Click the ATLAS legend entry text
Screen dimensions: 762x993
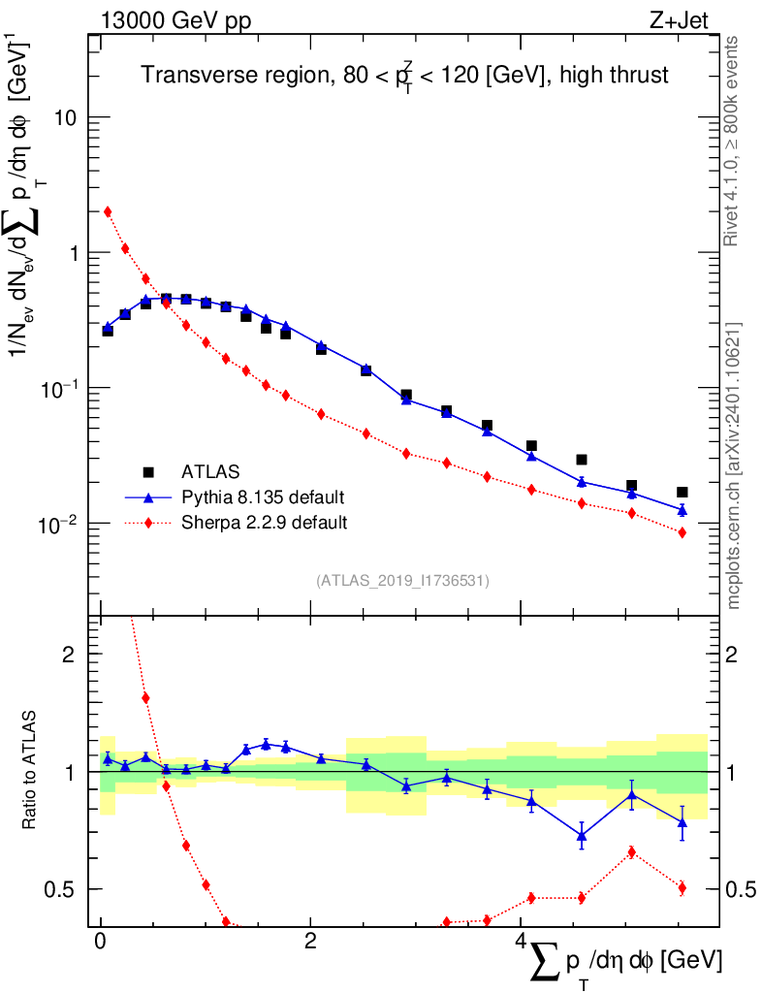[x=210, y=472]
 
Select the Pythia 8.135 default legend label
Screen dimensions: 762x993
[x=263, y=497]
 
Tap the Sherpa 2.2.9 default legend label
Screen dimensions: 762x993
[x=264, y=523]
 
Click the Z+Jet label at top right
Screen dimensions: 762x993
[x=679, y=20]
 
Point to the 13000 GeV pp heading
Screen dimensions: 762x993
[x=175, y=21]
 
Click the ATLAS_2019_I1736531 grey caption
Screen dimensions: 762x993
[x=402, y=580]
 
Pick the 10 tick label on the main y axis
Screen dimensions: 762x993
[x=65, y=117]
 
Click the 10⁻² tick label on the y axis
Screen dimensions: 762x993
[x=57, y=525]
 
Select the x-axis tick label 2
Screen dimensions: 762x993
[x=310, y=941]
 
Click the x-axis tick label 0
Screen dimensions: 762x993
[x=100, y=941]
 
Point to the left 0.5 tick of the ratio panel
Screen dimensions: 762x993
[x=59, y=890]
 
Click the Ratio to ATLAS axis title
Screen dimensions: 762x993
[x=29, y=769]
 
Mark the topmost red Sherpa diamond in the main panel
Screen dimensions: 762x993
[x=108, y=211]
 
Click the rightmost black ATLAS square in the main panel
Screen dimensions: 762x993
[x=682, y=492]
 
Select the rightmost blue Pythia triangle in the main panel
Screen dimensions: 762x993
[x=682, y=510]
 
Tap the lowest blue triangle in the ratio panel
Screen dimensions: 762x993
[x=582, y=836]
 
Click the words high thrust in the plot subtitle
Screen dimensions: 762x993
[x=614, y=75]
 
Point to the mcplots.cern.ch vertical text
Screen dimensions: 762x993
[x=733, y=466]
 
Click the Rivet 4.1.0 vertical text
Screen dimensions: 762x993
[x=730, y=142]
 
